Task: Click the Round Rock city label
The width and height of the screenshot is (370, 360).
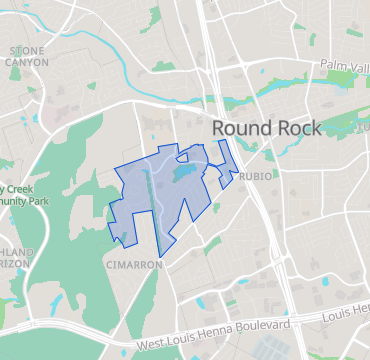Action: coord(266,128)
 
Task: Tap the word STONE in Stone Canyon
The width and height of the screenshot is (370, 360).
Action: coord(27,49)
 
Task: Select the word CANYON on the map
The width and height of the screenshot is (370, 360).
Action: coord(27,61)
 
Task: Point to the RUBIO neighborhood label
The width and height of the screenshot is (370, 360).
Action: coord(256,176)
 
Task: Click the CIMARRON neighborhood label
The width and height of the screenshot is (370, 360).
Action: coord(132,265)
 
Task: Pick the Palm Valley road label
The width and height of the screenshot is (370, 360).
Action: coord(344,65)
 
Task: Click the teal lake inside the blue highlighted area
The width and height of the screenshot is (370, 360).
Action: coord(184,173)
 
